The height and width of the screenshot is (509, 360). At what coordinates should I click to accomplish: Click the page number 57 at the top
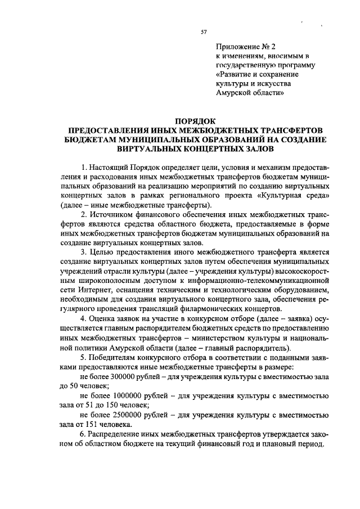[204, 32]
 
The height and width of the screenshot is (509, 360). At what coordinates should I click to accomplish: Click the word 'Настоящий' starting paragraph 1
[110, 168]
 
